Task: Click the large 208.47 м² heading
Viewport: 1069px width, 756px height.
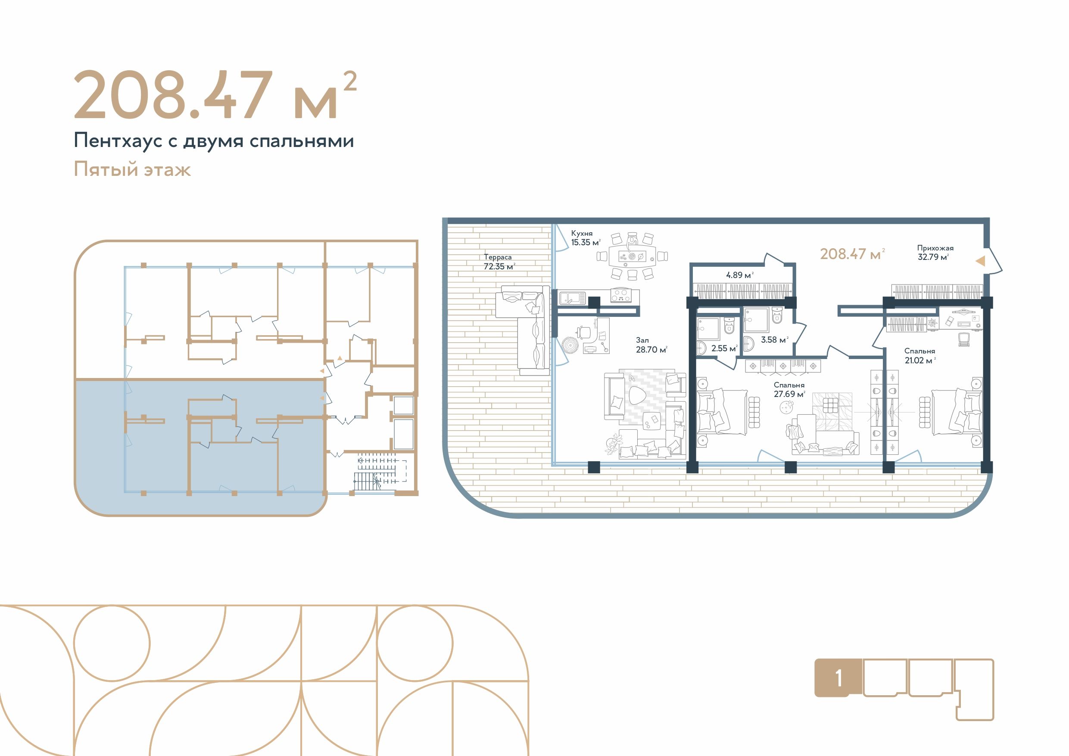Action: (x=215, y=96)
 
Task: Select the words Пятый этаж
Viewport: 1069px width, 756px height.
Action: (x=132, y=169)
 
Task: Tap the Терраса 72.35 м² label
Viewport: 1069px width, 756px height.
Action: (x=499, y=262)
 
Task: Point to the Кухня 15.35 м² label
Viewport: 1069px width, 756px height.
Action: (x=585, y=238)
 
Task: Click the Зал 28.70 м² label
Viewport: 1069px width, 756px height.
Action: (x=651, y=345)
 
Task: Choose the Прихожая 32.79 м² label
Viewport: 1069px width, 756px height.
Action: (x=935, y=253)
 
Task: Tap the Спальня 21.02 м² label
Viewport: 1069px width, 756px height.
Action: (x=919, y=356)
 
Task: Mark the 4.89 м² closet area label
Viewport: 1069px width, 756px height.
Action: (x=739, y=275)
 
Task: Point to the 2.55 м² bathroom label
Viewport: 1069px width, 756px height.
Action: (x=724, y=348)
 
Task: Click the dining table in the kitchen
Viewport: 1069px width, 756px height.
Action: (x=632, y=256)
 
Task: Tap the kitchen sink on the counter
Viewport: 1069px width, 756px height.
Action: (x=572, y=297)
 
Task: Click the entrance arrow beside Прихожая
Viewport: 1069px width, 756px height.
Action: (x=980, y=261)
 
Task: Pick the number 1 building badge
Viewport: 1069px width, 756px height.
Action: (x=838, y=679)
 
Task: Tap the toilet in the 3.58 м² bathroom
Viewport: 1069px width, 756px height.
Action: (x=777, y=316)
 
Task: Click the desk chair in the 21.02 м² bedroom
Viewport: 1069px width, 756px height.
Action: (x=963, y=339)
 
